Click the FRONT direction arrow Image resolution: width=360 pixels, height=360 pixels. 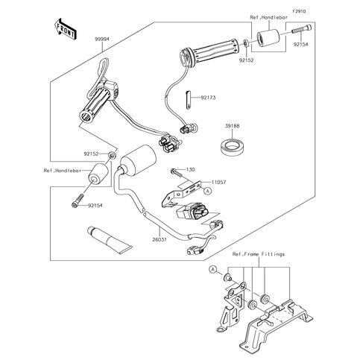click(65, 29)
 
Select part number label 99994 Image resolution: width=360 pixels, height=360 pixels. click(102, 40)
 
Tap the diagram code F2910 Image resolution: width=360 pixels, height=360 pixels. click(299, 11)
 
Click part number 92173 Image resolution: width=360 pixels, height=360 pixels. click(208, 98)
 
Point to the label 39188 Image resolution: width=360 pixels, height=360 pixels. click(233, 126)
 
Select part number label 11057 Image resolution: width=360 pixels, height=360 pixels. click(219, 182)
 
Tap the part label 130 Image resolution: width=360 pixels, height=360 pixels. click(191, 169)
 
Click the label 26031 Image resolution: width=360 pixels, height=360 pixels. click(160, 239)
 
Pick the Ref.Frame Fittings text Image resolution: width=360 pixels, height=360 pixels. click(259, 254)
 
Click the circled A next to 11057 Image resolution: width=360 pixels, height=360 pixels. click(208, 191)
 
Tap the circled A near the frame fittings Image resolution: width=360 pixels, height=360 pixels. click(212, 269)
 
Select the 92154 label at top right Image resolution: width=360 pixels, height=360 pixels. click(300, 45)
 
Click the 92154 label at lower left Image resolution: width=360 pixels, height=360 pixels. click(95, 206)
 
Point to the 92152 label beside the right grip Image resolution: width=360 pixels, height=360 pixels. click(247, 60)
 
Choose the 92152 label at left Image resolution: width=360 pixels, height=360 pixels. click(91, 154)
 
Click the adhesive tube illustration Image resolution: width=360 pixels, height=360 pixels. click(110, 240)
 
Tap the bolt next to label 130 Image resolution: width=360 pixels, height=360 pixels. click(176, 172)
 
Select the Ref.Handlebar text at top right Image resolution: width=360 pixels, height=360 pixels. click(268, 17)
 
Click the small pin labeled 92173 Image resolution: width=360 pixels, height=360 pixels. click(189, 100)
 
